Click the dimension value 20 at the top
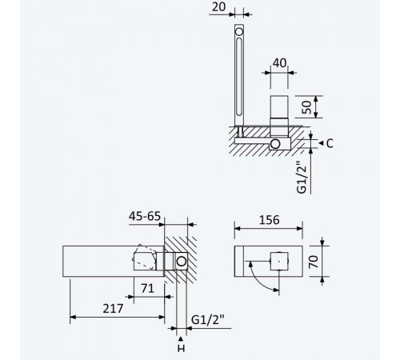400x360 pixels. (x=218, y=7)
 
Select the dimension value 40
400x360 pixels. (x=279, y=63)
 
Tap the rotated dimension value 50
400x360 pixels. (x=307, y=107)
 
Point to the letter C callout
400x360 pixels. (x=330, y=143)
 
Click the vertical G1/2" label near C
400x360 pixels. (x=302, y=177)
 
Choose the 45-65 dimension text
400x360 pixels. (x=145, y=216)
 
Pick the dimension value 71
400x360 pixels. (x=147, y=289)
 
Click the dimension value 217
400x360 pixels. (x=113, y=309)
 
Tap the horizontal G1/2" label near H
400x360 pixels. (x=208, y=319)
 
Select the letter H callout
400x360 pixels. (x=181, y=348)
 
